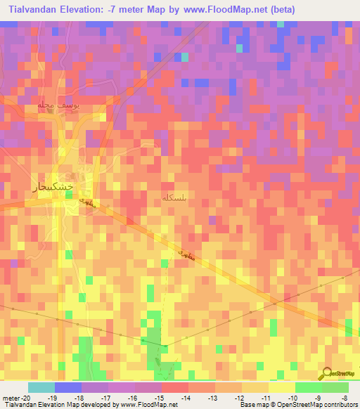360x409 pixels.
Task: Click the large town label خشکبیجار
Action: [x=53, y=186]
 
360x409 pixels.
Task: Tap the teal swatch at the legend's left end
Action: [x=41, y=388]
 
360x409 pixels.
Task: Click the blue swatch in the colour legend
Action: [x=68, y=388]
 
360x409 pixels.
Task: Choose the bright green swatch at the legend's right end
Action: [x=335, y=388]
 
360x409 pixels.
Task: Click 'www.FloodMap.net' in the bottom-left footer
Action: [x=149, y=405]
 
